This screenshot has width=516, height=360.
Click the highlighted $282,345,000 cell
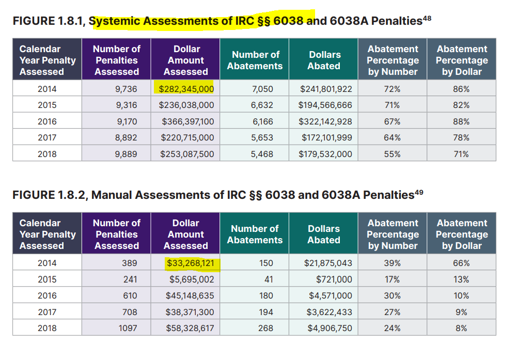pos(186,89)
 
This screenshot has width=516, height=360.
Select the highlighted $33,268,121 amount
pos(193,263)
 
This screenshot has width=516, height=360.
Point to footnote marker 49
pos(419,192)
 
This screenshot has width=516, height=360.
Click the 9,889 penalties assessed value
pos(126,154)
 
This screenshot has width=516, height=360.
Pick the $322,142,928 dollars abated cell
pos(326,122)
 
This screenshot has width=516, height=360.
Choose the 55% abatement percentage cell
pos(393,154)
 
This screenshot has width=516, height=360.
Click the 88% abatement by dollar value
pos(461,122)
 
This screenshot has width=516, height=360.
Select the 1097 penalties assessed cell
pos(127,328)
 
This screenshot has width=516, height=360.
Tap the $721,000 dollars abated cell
pos(334,279)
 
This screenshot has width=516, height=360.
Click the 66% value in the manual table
pos(461,263)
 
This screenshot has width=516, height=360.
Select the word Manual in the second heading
pos(110,195)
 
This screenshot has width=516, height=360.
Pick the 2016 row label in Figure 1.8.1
pos(47,122)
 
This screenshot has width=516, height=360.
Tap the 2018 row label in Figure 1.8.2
pos(47,328)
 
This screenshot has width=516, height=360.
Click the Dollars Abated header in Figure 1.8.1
pos(324,60)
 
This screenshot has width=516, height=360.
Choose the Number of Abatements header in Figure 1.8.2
pos(255,234)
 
